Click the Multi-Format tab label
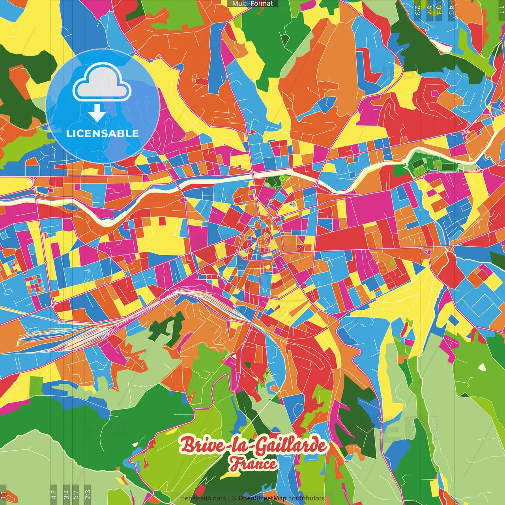coord(252,4)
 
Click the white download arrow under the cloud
coord(97,114)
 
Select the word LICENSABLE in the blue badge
coord(103,133)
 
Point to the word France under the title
coord(253,464)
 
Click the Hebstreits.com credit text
coord(203,498)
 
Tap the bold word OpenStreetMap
coord(262,498)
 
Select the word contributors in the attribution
coord(306,498)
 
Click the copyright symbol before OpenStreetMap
coord(234,498)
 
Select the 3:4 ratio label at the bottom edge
coord(66,494)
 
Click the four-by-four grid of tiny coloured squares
coord(35,284)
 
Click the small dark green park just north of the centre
coord(273,181)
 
